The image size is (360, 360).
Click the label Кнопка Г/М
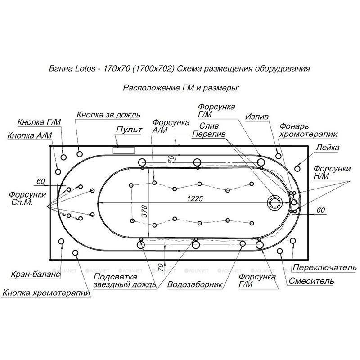(39, 122)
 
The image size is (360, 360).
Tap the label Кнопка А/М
(30, 135)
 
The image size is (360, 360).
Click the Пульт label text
(129, 130)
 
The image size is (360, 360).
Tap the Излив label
(257, 116)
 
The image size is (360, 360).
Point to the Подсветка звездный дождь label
(124, 281)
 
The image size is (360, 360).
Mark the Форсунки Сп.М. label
(27, 198)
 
